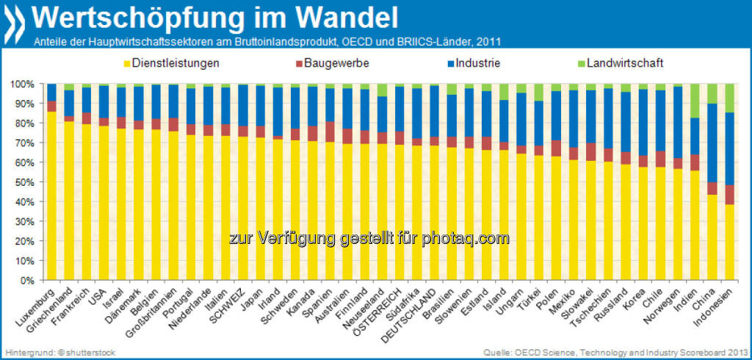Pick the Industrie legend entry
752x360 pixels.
(x=477, y=63)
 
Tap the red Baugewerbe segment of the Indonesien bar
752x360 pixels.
(x=728, y=194)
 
